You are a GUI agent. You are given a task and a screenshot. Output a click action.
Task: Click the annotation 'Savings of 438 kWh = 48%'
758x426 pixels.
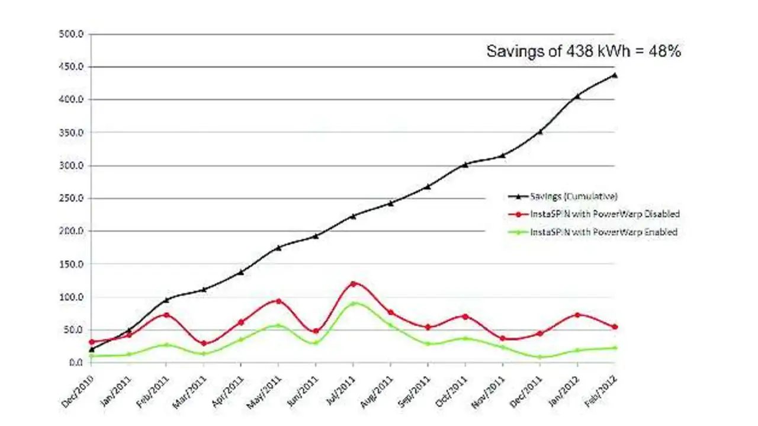583,52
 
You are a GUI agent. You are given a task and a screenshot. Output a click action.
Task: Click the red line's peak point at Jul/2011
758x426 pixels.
354,284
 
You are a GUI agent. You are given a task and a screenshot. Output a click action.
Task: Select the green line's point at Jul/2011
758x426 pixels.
354,303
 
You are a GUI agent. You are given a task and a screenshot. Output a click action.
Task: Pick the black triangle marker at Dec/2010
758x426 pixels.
91,350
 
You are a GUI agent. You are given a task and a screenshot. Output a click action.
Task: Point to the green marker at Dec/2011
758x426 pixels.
540,357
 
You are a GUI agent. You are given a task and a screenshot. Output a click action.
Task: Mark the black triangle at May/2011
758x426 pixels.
278,248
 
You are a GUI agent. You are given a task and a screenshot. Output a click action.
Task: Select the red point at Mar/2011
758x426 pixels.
204,344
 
